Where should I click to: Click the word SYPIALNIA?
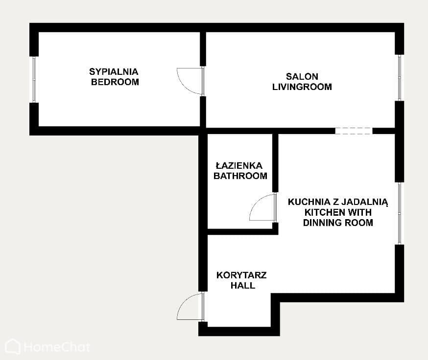point(114,72)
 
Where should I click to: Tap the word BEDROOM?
point(115,82)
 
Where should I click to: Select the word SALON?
point(302,76)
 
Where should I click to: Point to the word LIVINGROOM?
point(302,87)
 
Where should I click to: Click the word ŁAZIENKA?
point(239,165)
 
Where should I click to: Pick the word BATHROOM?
point(240,176)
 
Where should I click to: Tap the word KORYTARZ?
point(241,275)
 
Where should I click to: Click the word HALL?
point(243,286)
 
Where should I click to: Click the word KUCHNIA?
point(309,202)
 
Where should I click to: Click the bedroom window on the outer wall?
point(34,79)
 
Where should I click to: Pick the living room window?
point(399,78)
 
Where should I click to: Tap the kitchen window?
point(399,213)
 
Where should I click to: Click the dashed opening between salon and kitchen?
point(354,131)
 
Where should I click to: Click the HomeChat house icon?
point(13,346)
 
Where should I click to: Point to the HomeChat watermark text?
point(57,347)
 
